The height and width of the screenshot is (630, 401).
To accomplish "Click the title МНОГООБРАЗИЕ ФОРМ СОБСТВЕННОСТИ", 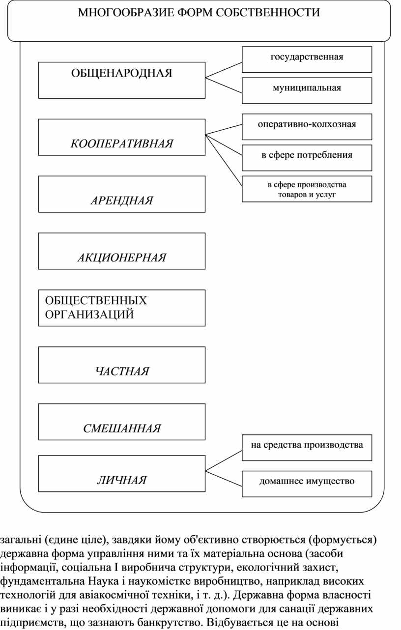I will [199, 13].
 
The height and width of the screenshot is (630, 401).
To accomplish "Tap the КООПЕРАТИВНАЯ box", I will [122, 137].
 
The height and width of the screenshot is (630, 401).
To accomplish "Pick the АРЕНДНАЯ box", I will [122, 194].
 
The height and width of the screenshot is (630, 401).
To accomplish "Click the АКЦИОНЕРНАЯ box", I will [122, 251].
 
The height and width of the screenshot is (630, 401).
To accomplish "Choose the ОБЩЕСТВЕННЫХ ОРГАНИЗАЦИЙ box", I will [122, 308].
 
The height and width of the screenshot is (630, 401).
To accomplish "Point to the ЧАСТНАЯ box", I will [122, 365].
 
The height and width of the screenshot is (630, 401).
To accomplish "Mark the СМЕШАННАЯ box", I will [122, 422].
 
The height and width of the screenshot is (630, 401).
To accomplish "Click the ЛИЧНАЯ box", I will [122, 474].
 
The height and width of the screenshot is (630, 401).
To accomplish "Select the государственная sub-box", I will [307, 59].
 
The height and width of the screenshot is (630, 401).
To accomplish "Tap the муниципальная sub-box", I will [307, 90].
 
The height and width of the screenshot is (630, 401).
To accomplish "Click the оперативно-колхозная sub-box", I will [307, 127].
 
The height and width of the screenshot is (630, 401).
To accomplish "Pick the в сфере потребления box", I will [307, 158].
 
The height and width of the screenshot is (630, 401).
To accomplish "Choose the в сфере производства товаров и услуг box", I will [307, 189].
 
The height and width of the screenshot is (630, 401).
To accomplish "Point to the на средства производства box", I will [307, 448].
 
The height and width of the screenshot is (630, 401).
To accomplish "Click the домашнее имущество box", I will [307, 484].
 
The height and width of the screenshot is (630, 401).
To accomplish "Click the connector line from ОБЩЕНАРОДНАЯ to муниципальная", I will [224, 84].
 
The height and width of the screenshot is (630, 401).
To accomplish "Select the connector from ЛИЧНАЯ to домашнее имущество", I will [224, 477].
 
